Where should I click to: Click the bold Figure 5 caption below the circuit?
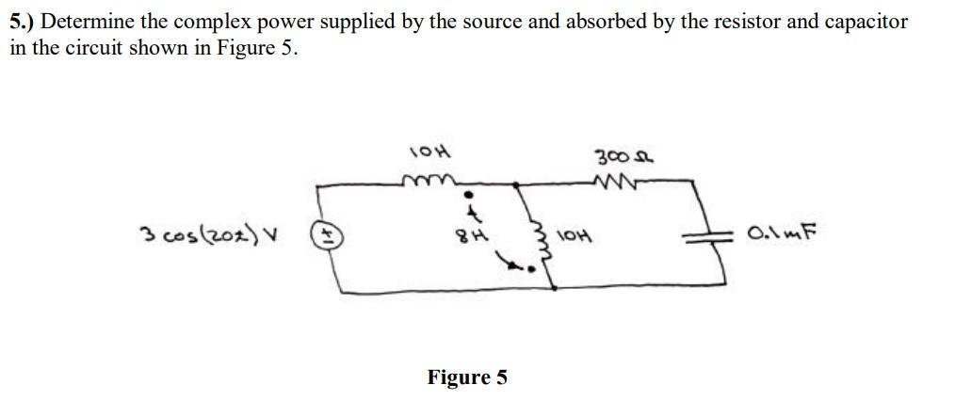point(466,377)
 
